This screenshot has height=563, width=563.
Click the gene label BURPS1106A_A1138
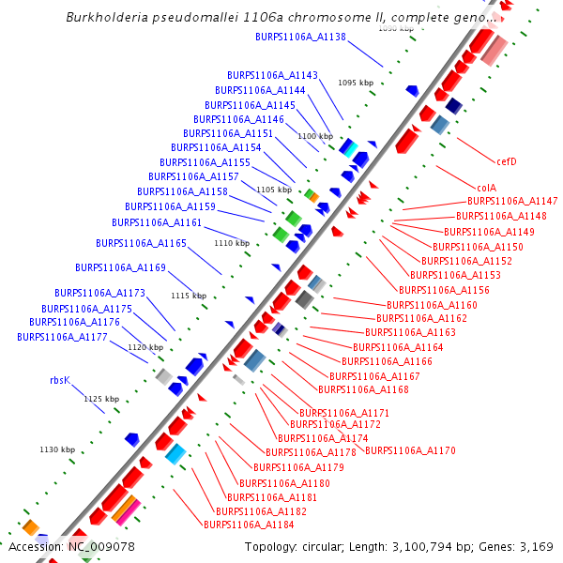(300, 38)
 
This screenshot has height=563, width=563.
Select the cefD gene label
(507, 161)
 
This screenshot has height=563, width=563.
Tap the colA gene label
(486, 187)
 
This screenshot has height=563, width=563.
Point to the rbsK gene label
(60, 381)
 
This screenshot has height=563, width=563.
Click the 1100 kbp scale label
(314, 136)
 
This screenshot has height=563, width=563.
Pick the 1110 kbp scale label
(232, 243)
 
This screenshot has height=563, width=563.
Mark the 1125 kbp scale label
(101, 399)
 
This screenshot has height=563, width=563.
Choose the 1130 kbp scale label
(56, 449)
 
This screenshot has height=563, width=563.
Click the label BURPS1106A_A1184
(249, 525)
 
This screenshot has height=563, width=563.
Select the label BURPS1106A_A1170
(410, 450)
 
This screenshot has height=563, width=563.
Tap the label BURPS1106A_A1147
(512, 201)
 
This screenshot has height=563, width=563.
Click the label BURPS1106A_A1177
(62, 336)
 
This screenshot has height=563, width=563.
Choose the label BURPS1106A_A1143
(272, 75)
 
